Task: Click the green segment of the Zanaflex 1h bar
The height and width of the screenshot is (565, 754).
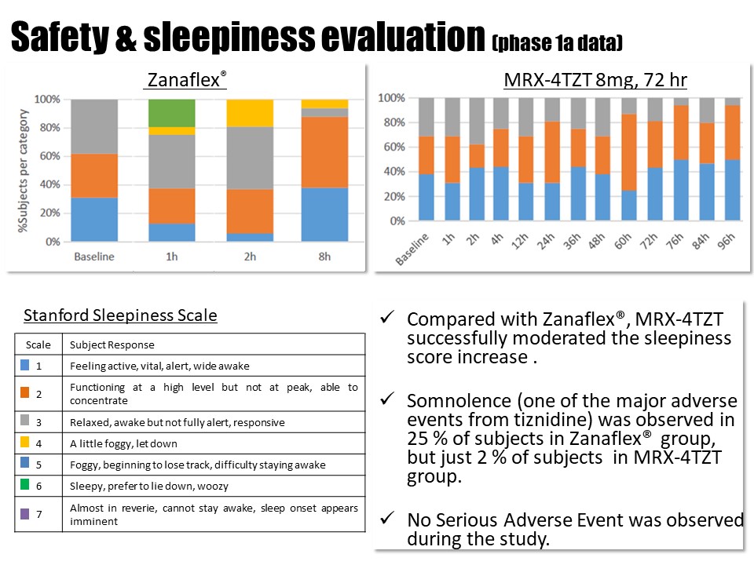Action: click(x=172, y=113)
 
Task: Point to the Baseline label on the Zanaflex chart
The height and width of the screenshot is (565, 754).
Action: click(x=94, y=256)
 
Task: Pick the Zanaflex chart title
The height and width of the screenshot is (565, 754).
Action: click(x=186, y=80)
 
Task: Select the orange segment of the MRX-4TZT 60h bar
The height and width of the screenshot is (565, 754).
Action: click(x=628, y=152)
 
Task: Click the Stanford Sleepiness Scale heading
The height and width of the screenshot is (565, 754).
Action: click(x=120, y=316)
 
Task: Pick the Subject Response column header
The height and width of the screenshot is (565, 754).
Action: click(x=112, y=344)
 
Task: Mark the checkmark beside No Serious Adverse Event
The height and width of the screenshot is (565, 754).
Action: click(x=386, y=519)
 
